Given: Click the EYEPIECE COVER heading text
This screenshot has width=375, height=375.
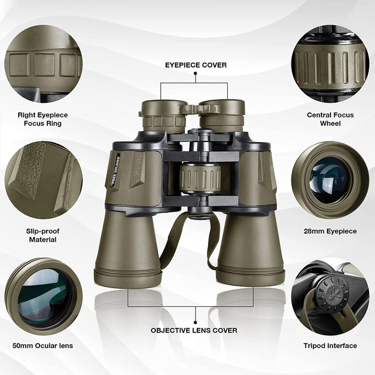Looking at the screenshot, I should [195, 65].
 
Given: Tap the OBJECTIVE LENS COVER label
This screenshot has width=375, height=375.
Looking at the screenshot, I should [194, 331].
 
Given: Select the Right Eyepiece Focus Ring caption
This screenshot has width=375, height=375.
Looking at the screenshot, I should [43, 119].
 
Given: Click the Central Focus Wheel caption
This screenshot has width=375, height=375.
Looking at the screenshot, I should [331, 119].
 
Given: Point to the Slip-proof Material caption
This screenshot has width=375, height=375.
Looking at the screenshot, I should [43, 235].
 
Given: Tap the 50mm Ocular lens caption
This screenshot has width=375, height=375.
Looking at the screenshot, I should [43, 346].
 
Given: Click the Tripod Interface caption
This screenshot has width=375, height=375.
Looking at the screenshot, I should [331, 346].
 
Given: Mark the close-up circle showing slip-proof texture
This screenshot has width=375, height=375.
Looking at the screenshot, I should [43, 180].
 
